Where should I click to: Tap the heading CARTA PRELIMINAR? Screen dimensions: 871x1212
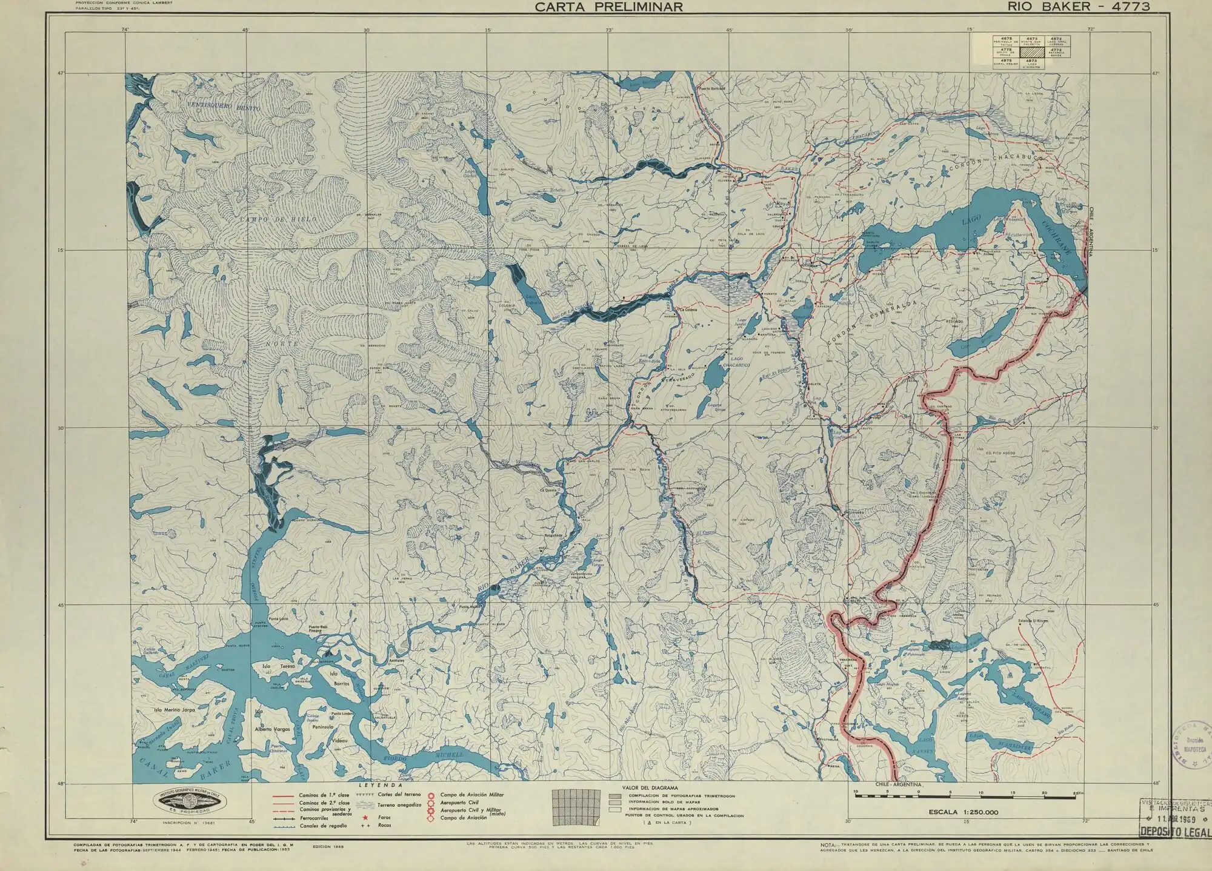pyautogui.click(x=609, y=7)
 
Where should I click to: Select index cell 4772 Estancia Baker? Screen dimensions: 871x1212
pyautogui.click(x=1057, y=53)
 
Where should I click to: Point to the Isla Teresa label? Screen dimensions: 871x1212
pyautogui.click(x=278, y=666)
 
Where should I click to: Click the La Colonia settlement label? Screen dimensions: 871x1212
pyautogui.click(x=688, y=311)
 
